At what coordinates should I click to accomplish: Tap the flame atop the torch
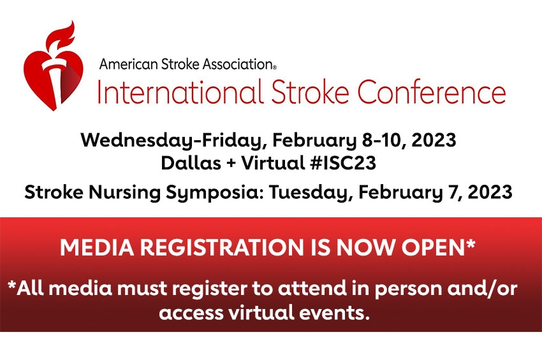(62, 36)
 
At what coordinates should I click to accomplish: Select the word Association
(238, 64)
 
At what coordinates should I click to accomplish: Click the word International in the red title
(179, 92)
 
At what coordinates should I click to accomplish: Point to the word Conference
(432, 92)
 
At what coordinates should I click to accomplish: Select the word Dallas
(191, 162)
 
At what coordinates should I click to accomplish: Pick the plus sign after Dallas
(231, 163)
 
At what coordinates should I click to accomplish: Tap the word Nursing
(125, 192)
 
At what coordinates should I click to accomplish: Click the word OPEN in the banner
(434, 247)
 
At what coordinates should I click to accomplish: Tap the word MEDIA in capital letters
(97, 247)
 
